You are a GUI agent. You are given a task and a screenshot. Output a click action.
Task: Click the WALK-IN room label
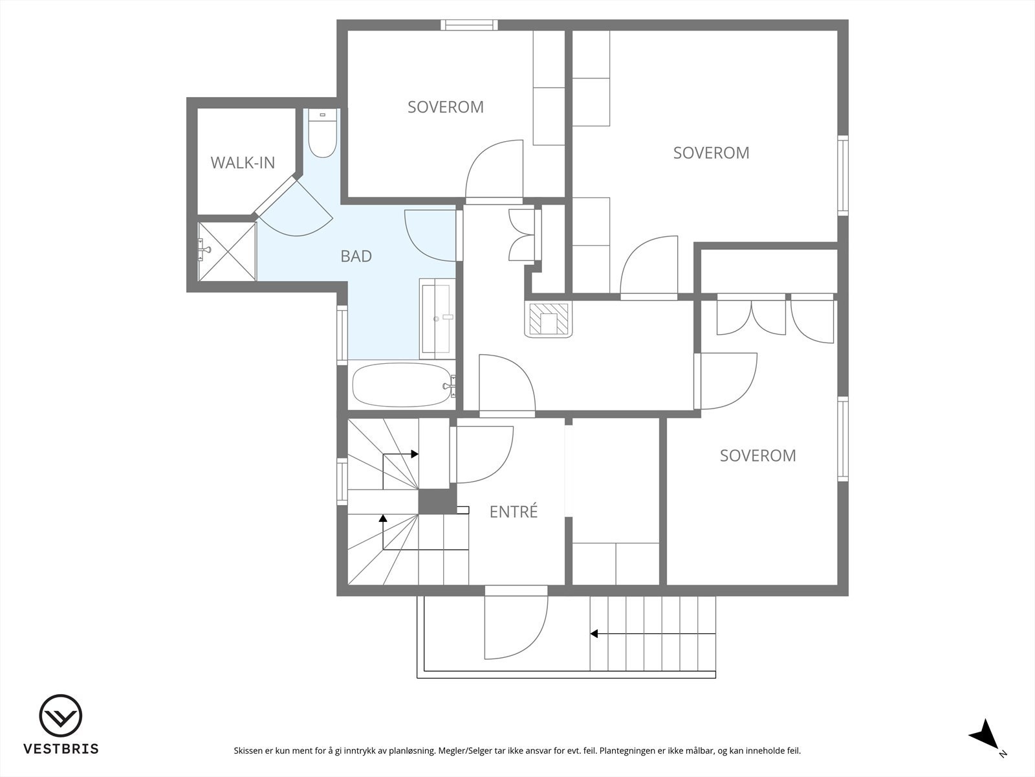click(243, 163)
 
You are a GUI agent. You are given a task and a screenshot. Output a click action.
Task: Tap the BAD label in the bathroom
click(356, 256)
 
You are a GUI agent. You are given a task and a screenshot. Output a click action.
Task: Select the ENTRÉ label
click(514, 512)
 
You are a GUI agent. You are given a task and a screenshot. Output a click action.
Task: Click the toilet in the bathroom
click(323, 133)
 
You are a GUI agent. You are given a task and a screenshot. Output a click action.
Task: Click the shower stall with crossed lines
click(227, 251)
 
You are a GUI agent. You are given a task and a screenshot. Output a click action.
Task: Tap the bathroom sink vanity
click(437, 319)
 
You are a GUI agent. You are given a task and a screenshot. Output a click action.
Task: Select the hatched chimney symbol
click(549, 319)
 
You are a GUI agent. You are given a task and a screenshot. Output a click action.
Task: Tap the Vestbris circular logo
click(61, 715)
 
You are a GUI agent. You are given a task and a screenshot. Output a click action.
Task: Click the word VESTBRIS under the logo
click(61, 749)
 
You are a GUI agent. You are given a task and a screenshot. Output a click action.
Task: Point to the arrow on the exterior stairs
click(653, 634)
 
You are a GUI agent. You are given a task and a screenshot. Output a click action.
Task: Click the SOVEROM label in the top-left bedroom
click(446, 107)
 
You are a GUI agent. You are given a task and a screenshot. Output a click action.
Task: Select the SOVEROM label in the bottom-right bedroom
click(757, 455)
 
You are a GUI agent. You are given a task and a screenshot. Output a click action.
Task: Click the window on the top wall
click(469, 25)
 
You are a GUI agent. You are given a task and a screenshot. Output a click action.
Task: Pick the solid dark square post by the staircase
click(437, 501)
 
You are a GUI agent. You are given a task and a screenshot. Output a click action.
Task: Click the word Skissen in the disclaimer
click(248, 750)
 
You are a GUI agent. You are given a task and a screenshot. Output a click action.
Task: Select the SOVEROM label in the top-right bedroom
click(711, 153)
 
